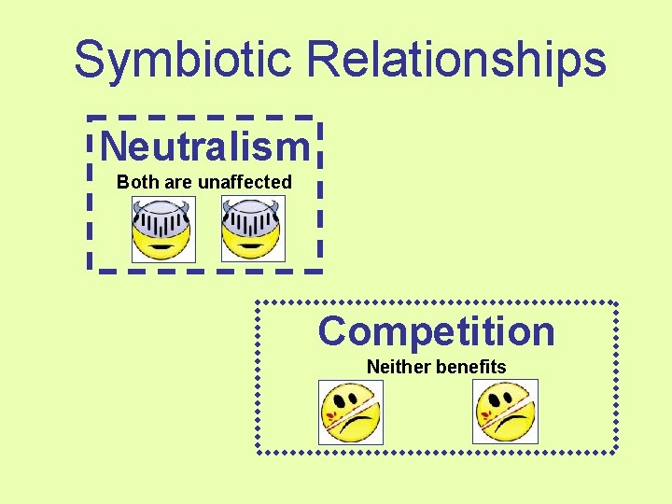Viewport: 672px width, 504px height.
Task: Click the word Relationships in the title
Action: pos(456,60)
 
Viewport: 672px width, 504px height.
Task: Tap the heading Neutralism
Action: pos(204,147)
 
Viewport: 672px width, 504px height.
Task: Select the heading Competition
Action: pos(436,331)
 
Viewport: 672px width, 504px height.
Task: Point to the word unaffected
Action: pos(245,182)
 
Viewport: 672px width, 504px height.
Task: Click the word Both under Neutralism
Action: pos(137,182)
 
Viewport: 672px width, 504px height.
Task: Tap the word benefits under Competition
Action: pos(470,367)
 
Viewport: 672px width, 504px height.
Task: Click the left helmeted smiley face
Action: pos(162,231)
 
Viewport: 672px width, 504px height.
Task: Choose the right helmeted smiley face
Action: pos(252,231)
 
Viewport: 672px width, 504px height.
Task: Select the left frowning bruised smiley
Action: pos(351,412)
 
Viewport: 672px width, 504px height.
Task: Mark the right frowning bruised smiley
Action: pos(506,412)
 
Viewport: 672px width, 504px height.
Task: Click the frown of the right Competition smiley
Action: pos(510,427)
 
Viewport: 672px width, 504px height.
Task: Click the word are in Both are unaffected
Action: pos(177,182)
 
